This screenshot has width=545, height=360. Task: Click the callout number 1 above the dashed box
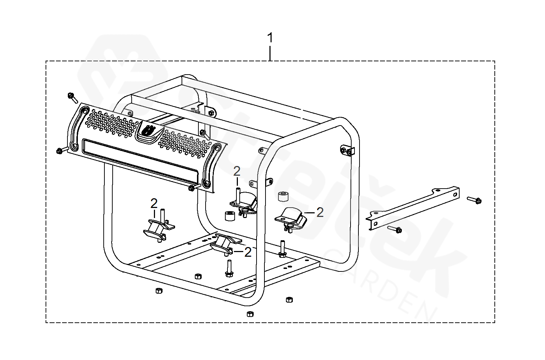pyautogui.click(x=270, y=38)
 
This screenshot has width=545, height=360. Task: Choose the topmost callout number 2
pyautogui.click(x=237, y=171)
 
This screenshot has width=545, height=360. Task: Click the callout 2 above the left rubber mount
pyautogui.click(x=154, y=204)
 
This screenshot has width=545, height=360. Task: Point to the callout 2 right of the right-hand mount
pyautogui.click(x=320, y=212)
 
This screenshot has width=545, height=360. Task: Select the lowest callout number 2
pyautogui.click(x=248, y=252)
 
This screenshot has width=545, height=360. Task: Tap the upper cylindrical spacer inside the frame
pyautogui.click(x=283, y=196)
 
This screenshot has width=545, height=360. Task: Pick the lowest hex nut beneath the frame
pyautogui.click(x=250, y=314)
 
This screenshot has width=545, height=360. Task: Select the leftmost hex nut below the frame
pyautogui.click(x=158, y=290)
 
